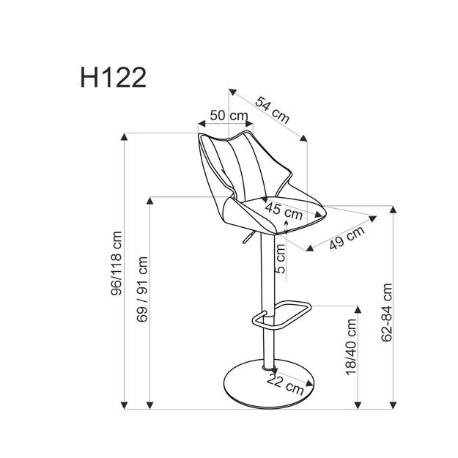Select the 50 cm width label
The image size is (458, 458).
[x=228, y=115]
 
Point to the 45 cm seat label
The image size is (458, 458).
[x=283, y=213]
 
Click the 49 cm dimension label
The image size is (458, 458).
[x=347, y=239]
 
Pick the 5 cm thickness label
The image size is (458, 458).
[x=281, y=259]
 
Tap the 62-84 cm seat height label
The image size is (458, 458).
[x=387, y=313]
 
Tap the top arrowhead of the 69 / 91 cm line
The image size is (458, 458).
[x=150, y=201]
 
